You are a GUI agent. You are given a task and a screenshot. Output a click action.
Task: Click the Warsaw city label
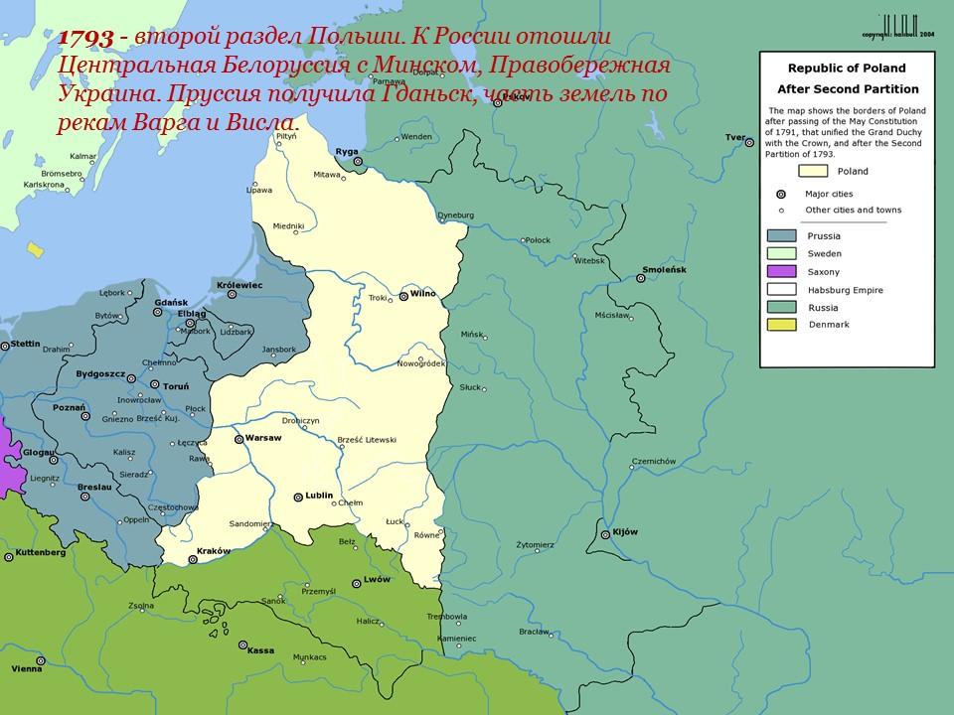[264, 437]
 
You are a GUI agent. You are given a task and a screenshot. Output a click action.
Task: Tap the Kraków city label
[215, 551]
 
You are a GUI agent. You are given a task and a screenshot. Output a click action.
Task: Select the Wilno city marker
[402, 296]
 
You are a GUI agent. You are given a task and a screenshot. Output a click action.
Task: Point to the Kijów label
[625, 533]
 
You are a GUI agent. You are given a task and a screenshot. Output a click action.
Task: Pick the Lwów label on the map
[378, 579]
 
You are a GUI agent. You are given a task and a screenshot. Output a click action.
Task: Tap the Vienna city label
[27, 669]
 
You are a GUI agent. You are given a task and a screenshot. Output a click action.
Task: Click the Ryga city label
[347, 151]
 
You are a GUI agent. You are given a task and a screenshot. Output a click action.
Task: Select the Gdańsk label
[172, 301]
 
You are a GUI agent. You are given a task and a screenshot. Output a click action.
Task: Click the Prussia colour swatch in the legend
[782, 235]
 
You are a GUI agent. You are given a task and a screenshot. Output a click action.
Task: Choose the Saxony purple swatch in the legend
[782, 271]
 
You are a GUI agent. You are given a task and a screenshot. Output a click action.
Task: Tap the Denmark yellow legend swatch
[782, 325]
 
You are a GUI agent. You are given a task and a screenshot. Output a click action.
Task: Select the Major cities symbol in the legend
[782, 194]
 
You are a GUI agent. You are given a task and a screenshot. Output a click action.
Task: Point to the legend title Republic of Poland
[846, 69]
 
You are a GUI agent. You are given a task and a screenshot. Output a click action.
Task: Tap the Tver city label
[734, 136]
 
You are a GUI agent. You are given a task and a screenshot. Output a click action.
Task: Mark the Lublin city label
[319, 495]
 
